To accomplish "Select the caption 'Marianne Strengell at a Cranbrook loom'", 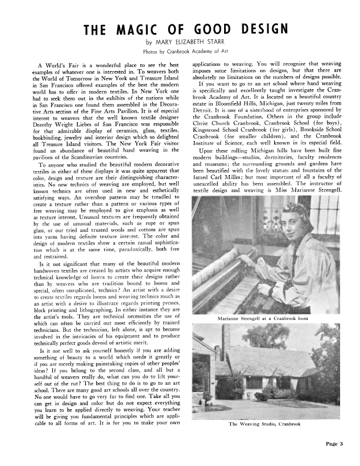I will point(266,318).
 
